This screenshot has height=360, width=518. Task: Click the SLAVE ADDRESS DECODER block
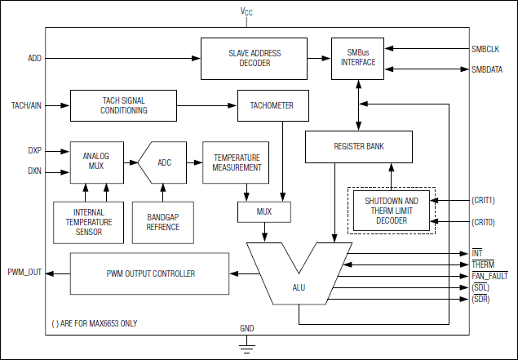(x=255, y=58)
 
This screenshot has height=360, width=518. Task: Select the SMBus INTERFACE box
(x=358, y=58)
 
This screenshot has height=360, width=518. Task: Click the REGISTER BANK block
(x=359, y=146)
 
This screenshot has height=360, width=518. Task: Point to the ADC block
(x=163, y=162)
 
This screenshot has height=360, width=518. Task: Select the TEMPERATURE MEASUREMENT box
(x=237, y=162)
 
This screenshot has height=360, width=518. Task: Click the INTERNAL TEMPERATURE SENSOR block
(x=88, y=220)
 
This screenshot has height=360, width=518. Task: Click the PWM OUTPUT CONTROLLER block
(x=150, y=273)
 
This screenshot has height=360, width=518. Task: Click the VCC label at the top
(x=246, y=12)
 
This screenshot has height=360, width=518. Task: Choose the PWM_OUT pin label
(x=24, y=272)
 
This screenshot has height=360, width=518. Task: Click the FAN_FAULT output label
(x=490, y=277)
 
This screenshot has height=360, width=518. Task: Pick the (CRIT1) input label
(x=483, y=200)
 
